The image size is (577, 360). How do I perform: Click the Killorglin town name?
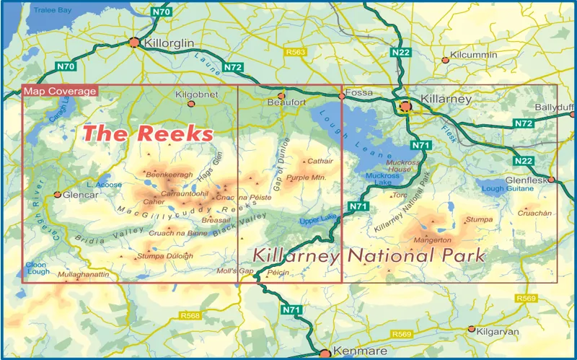tap(169, 43)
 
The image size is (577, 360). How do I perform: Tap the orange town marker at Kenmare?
tap(325, 354)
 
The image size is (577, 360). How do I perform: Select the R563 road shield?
tap(296, 52)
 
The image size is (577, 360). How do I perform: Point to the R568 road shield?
tap(190, 316)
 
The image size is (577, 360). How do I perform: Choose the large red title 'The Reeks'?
tap(148, 133)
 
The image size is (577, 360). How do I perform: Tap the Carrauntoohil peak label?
tap(185, 193)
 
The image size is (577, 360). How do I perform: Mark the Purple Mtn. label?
tap(307, 177)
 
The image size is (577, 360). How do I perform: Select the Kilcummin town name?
tap(473, 55)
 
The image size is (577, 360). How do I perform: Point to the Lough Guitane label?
tap(503, 189)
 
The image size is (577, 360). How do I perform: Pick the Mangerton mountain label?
tap(432, 240)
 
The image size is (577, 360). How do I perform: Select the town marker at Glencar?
tap(58, 194)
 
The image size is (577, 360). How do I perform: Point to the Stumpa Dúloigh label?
tap(165, 255)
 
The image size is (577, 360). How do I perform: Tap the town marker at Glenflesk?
tap(551, 179)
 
